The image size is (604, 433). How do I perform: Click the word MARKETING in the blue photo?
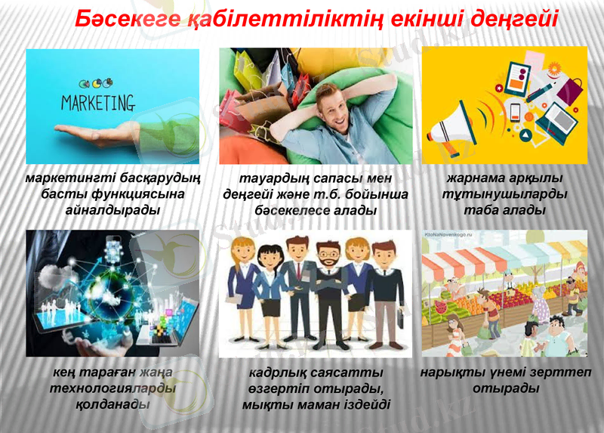pyautogui.click(x=97, y=102)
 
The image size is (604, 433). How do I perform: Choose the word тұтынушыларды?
pyautogui.click(x=504, y=195)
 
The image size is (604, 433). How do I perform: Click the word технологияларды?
pyautogui.click(x=112, y=388)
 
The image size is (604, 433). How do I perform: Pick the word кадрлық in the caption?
pyautogui.click(x=279, y=373)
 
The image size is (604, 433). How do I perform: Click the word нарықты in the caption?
pyautogui.click(x=450, y=373)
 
